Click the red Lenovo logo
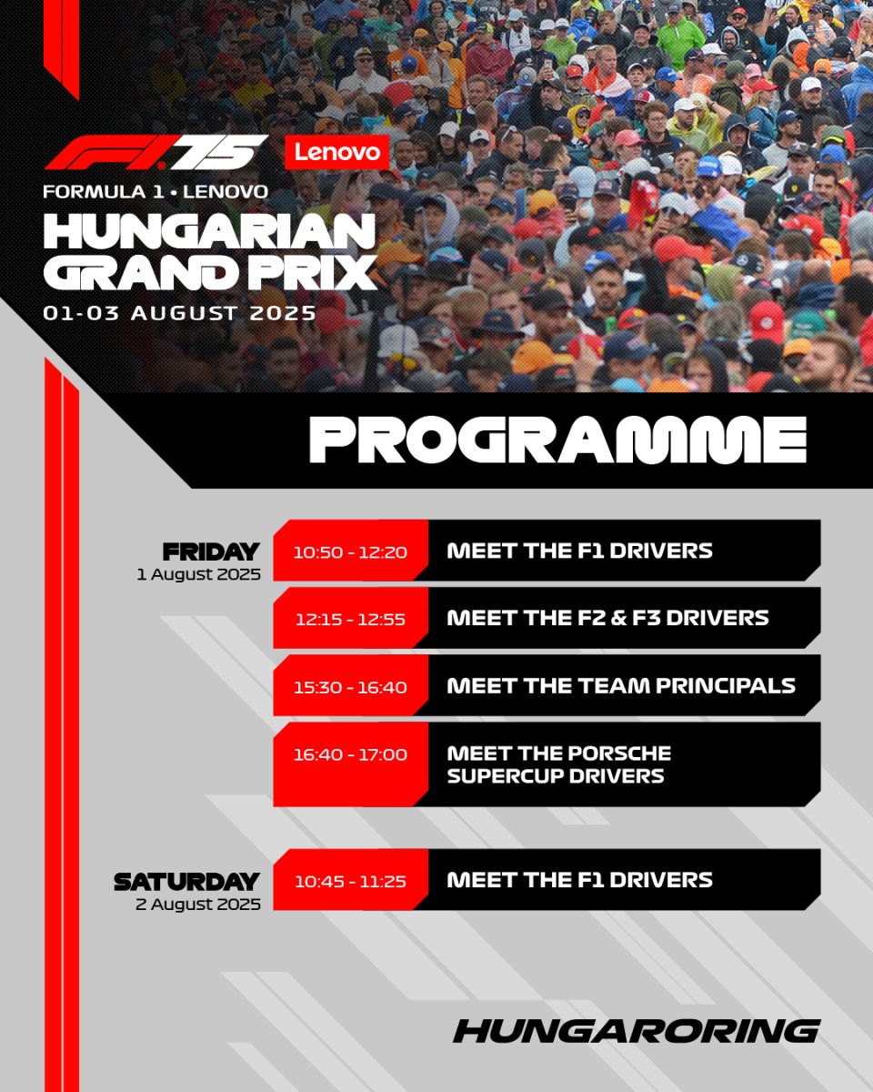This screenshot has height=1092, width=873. click(x=336, y=152)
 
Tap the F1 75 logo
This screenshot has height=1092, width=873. click(x=156, y=152)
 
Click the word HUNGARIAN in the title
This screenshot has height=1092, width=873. click(x=209, y=231)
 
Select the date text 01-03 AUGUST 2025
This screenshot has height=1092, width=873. click(x=179, y=312)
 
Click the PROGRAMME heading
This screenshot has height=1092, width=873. click(x=557, y=440)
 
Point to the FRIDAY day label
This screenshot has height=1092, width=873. click(x=211, y=551)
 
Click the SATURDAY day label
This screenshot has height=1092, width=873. click(x=186, y=882)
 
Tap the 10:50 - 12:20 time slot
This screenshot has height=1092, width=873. click(x=350, y=551)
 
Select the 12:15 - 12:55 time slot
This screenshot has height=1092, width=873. click(x=350, y=619)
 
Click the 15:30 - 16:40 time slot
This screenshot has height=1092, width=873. click(x=350, y=687)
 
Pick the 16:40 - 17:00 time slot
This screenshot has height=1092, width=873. click(x=350, y=754)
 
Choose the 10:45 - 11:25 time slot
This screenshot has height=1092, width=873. click(x=350, y=881)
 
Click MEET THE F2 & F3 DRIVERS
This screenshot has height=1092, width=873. click(x=607, y=618)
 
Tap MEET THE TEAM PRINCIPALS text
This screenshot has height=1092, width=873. click(x=621, y=685)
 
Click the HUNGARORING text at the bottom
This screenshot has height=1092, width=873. click(x=637, y=1031)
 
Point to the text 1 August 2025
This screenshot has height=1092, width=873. click(x=198, y=574)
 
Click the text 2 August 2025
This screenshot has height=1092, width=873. click(x=198, y=904)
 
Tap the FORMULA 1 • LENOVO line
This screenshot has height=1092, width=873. click(x=156, y=191)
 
